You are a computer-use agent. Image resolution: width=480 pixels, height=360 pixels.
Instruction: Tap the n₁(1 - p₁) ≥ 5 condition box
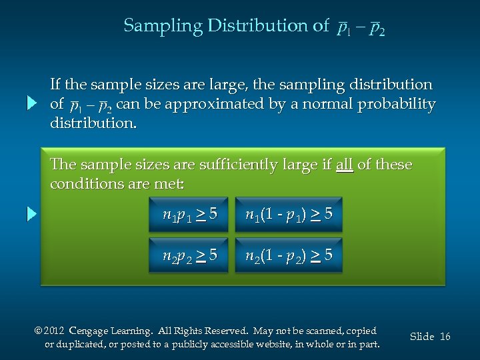289,215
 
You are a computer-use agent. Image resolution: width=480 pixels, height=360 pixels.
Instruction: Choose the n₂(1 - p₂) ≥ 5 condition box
289,255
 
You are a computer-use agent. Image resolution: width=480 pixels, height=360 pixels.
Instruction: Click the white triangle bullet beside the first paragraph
31,104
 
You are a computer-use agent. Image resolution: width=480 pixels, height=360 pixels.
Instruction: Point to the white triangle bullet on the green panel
31,215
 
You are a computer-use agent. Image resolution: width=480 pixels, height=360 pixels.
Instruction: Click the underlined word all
345,165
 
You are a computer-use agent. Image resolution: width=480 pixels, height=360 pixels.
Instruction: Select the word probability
397,105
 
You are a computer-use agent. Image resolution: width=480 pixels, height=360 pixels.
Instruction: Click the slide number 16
445,337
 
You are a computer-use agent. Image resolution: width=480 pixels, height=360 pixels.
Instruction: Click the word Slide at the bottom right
422,337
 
